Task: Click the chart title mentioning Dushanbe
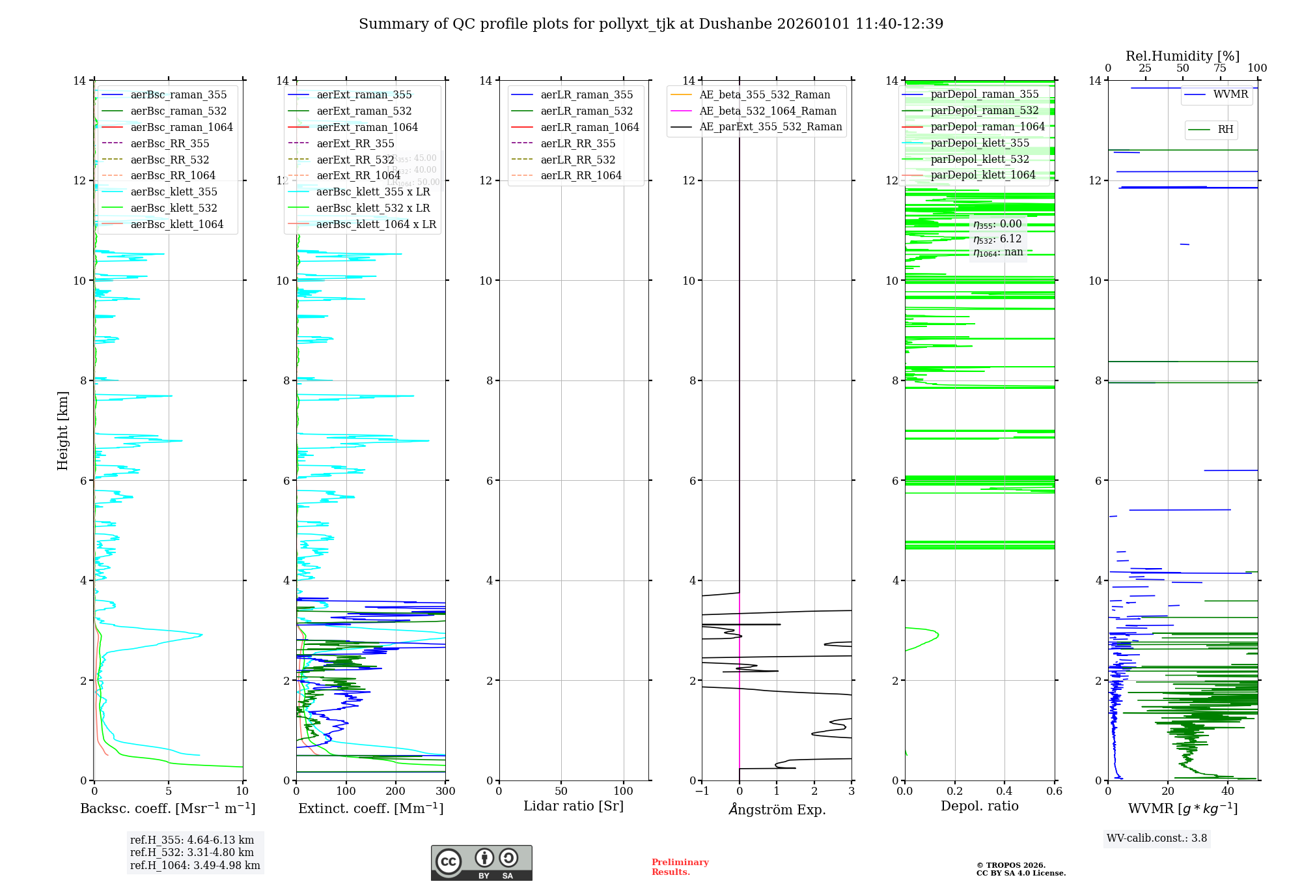651,24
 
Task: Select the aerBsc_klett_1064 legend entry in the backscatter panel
176,224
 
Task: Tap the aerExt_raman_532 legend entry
364,111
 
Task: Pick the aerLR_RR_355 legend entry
577,143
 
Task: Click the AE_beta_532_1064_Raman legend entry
768,111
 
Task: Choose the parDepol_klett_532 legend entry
980,159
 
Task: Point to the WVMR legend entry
1230,94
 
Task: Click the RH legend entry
1225,130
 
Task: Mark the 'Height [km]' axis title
62,431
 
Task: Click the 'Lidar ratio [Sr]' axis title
574,807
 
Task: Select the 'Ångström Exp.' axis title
777,810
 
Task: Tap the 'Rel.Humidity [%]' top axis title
1182,56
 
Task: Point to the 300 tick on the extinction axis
445,792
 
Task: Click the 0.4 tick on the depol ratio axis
1004,792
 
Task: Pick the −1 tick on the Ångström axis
702,792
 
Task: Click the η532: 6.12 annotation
997,239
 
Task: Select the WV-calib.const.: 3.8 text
1156,838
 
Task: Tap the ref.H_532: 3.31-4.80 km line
192,853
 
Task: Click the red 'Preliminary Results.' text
680,867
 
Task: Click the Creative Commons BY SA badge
481,863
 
